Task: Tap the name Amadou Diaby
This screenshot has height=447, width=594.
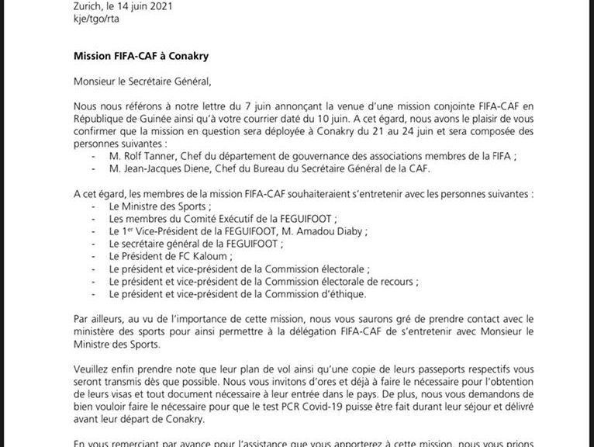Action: (x=331, y=231)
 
